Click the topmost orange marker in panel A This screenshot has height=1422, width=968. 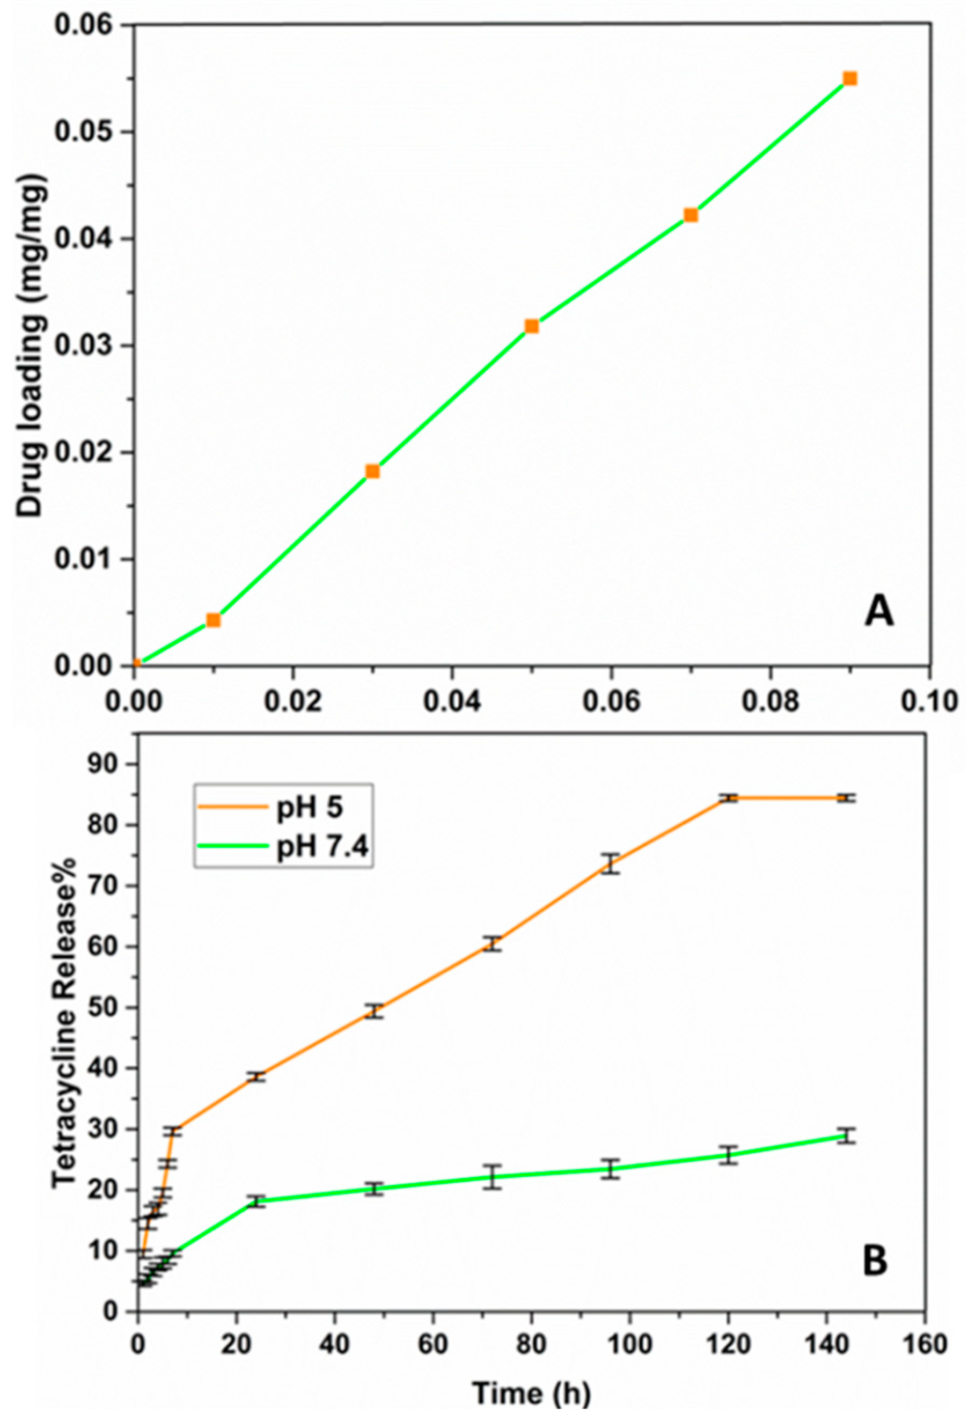[849, 78]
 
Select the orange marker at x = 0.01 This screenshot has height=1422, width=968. [213, 620]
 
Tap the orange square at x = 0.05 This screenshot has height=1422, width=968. [532, 326]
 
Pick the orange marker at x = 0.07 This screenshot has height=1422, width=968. [691, 215]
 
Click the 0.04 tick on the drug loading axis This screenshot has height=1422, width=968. [89, 239]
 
